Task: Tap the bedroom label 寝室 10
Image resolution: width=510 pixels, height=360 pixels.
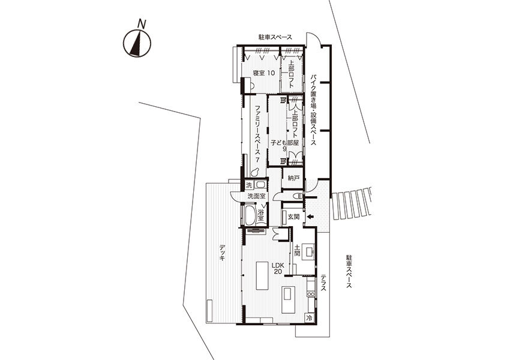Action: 264,73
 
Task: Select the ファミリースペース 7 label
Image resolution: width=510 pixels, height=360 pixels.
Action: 257,134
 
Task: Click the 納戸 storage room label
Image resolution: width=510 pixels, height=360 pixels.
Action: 293,178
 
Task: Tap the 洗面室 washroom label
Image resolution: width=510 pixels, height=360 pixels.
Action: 257,196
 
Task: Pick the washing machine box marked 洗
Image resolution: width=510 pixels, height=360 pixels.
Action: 249,185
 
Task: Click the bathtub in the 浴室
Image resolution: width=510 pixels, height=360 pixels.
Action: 250,215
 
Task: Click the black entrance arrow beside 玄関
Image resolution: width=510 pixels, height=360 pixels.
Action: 310,217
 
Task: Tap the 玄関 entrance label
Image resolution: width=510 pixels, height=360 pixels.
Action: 293,217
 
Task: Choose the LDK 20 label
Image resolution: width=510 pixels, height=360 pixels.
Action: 278,268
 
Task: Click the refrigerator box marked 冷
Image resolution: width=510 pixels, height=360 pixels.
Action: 310,318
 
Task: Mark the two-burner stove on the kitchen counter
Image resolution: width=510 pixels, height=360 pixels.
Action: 311,294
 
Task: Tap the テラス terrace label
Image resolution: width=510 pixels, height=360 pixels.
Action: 323,283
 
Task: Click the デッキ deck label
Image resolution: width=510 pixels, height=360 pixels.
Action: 222,253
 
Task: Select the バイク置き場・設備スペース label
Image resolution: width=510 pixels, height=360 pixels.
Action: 313,110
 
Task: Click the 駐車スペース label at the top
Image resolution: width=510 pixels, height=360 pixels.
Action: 275,37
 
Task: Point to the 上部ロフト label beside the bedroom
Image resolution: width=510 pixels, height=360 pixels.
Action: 291,76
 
